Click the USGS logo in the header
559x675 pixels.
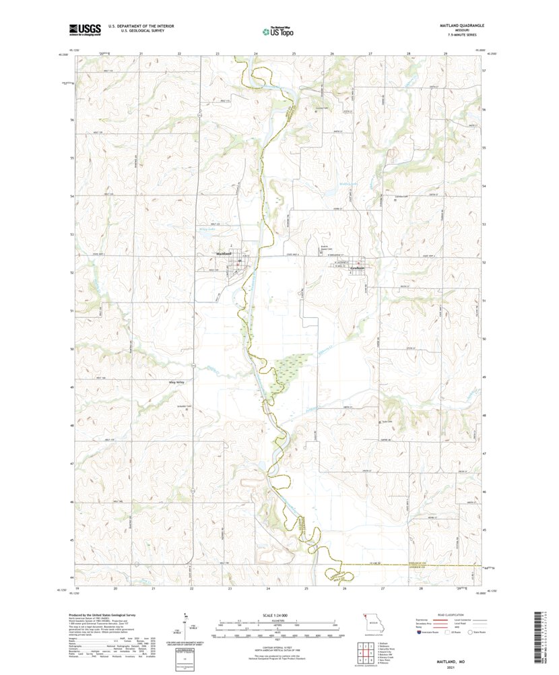[84, 29]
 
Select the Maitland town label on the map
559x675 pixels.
[224, 253]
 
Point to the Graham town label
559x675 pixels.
[358, 267]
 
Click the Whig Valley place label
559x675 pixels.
[176, 382]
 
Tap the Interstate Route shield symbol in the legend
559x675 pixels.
[412, 633]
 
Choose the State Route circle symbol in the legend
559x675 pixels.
[471, 633]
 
